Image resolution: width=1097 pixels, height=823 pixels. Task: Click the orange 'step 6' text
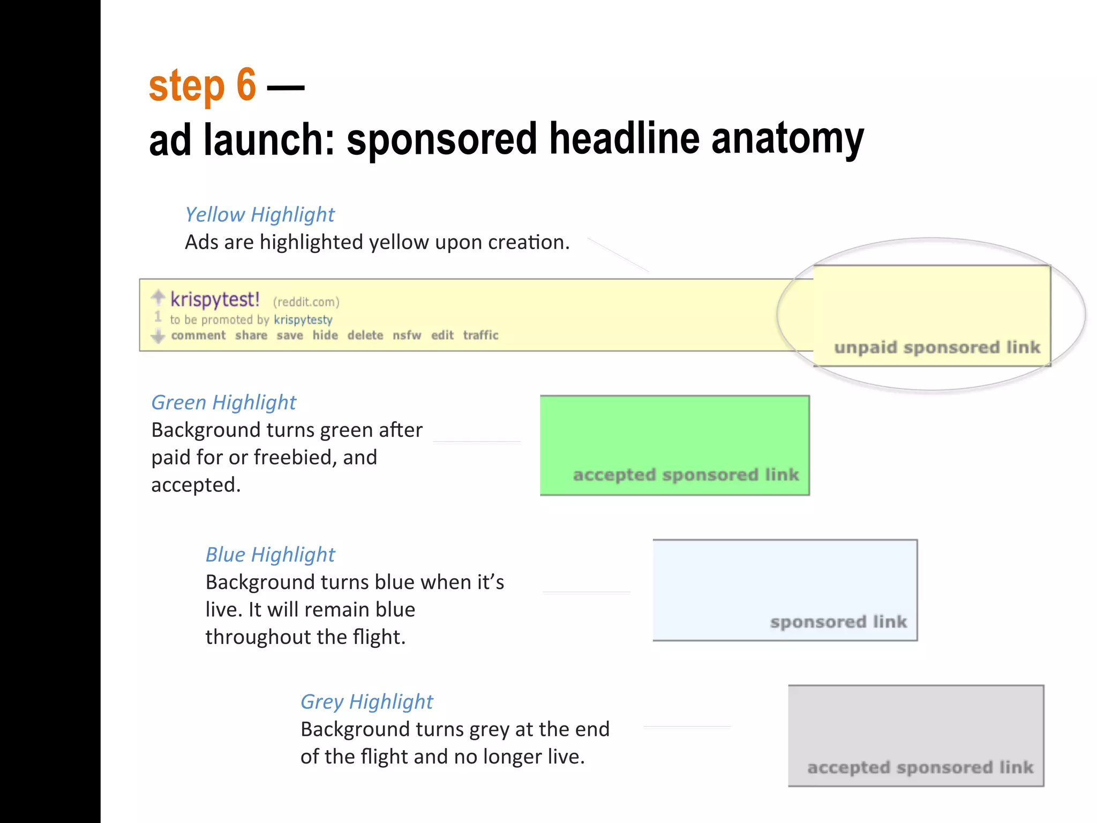(x=202, y=86)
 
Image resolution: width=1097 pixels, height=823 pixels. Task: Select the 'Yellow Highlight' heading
(x=259, y=214)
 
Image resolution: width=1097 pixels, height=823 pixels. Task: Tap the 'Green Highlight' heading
(x=223, y=402)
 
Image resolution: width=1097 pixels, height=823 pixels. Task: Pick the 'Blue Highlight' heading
(x=270, y=555)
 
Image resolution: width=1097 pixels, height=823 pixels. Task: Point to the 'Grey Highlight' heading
(x=366, y=701)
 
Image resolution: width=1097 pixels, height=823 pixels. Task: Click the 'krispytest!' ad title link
(x=215, y=299)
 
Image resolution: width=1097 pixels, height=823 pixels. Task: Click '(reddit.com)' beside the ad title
(x=306, y=302)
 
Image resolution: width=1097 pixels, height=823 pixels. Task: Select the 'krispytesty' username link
(x=303, y=320)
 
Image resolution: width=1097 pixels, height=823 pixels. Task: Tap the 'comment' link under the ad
(x=198, y=335)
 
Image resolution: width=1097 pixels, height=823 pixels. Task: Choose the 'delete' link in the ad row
(x=365, y=335)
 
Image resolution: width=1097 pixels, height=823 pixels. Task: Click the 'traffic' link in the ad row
(x=480, y=335)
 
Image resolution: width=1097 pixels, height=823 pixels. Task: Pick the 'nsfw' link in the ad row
(x=407, y=335)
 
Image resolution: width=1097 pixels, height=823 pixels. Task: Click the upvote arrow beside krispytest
(x=158, y=296)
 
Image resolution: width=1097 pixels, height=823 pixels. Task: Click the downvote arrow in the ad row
(x=158, y=336)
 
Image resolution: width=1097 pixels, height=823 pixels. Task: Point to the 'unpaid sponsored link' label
(x=937, y=347)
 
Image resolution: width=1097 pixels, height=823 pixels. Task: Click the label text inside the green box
(x=686, y=475)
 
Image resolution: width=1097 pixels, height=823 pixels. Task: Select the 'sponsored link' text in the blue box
(x=838, y=622)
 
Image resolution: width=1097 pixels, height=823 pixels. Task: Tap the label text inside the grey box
(x=920, y=767)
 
